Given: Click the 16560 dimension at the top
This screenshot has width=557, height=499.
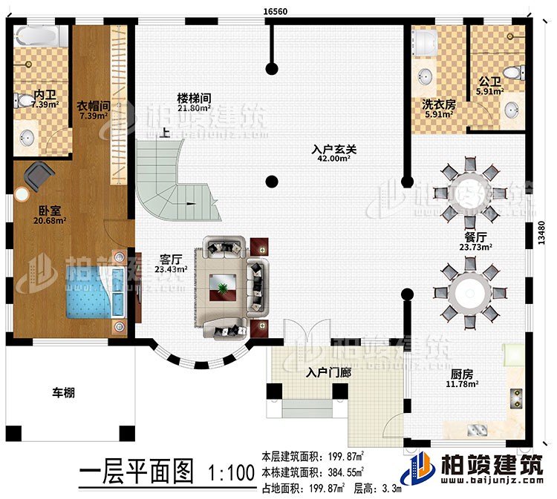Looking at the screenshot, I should point(275,9).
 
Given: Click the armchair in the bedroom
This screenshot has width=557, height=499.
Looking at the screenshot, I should point(38,176).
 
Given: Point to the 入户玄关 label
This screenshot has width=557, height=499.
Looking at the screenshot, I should point(331,148).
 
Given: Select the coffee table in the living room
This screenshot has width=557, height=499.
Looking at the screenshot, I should point(224,284).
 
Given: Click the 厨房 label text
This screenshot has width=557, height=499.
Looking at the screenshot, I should point(461,374).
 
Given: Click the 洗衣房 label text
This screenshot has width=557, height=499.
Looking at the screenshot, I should point(440,105).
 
